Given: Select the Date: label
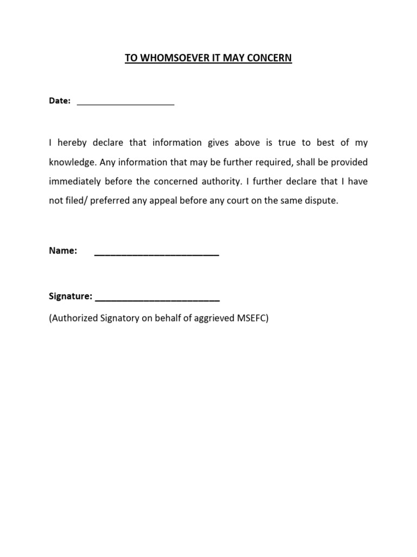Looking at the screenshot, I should coord(60,101).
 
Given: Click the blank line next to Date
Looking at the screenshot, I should coord(125,101).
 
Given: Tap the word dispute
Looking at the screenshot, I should coord(321,200).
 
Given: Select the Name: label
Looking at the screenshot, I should coord(63,251).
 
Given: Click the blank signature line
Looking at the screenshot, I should coord(157,298).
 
